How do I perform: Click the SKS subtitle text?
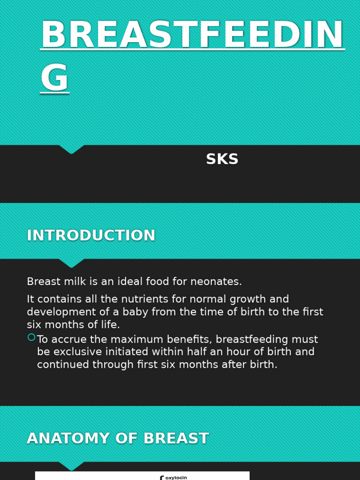[222, 159]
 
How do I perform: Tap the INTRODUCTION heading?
[91, 235]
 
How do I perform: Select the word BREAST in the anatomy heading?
[176, 439]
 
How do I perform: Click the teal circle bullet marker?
[31, 337]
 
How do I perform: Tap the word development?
[60, 312]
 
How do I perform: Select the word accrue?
[68, 339]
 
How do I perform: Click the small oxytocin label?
[176, 478]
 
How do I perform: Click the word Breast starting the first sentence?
[41, 282]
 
